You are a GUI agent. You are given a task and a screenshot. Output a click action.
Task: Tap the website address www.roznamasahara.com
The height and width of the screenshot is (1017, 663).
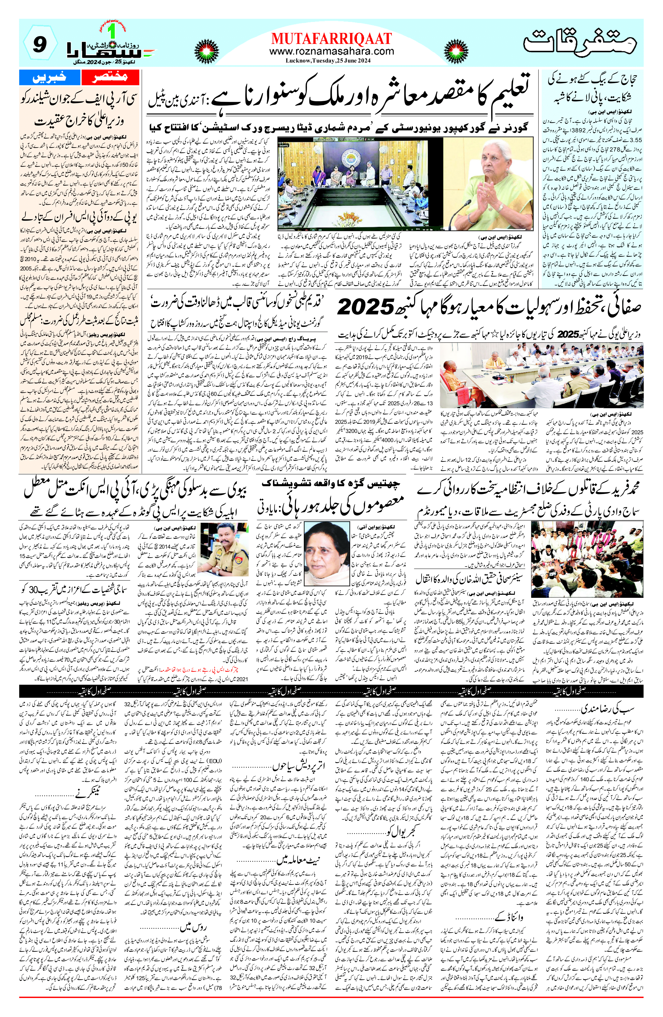[x=331, y=51]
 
